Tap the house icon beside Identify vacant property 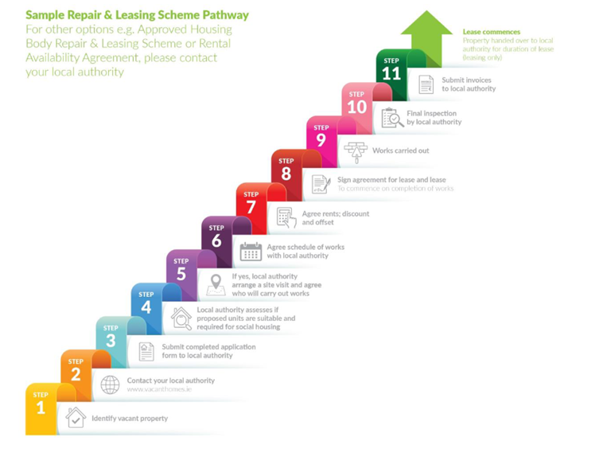pyautogui.click(x=76, y=417)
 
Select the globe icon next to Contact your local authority pyautogui.click(x=110, y=384)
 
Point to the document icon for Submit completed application pyautogui.click(x=146, y=351)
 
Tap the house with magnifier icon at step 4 pyautogui.click(x=181, y=318)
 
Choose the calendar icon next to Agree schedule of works pyautogui.click(x=251, y=252)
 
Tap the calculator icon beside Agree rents pyautogui.click(x=286, y=217)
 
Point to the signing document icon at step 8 pyautogui.click(x=321, y=184)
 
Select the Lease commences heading pyautogui.click(x=491, y=32)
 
